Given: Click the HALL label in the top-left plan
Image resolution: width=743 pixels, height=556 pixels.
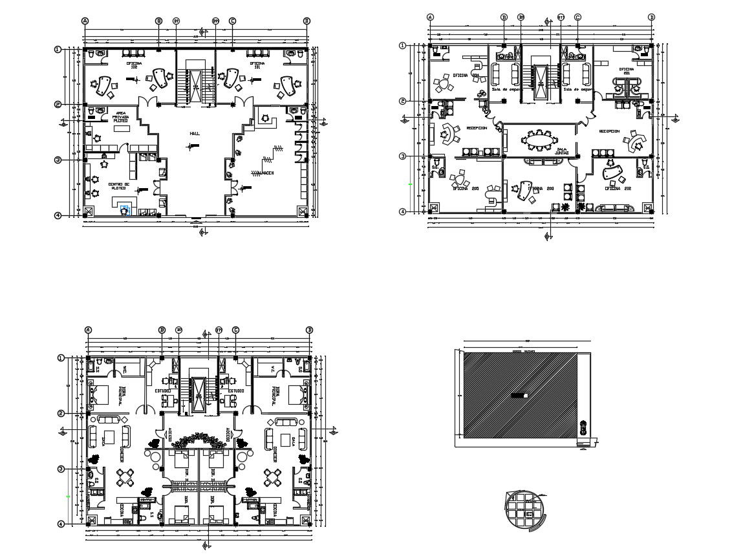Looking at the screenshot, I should coord(195,133).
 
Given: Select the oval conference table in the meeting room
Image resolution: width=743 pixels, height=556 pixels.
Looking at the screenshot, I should coord(539,139).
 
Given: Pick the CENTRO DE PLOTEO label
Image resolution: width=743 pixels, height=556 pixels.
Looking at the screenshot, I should coord(119,186).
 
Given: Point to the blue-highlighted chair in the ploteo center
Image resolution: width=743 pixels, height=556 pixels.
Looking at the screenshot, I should coord(125,209).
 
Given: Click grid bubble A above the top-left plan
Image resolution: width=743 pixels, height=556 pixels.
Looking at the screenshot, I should coord(85,21).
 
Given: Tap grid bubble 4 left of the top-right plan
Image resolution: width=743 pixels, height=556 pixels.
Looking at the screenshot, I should coord(402,211).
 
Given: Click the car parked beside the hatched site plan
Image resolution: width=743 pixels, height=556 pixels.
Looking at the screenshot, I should coord(583,428).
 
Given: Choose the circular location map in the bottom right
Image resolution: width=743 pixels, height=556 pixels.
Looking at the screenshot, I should coord(525,510).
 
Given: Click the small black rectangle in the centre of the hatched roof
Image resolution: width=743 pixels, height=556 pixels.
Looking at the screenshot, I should coord(519,394).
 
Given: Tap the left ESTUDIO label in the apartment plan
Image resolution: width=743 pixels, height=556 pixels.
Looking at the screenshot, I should coord(162,391).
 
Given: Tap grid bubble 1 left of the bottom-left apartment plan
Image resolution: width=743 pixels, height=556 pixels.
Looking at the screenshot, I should coord(61,358).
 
